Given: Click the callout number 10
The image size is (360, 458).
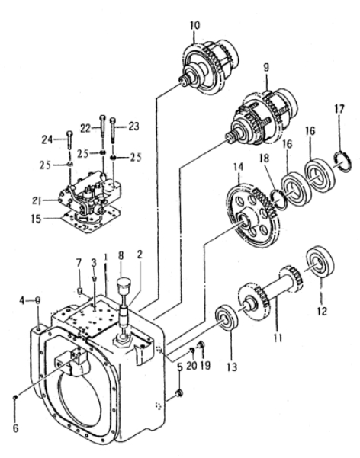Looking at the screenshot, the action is (194, 25).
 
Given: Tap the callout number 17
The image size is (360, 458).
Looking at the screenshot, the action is (339, 109).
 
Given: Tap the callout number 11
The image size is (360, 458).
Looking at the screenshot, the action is (278, 338).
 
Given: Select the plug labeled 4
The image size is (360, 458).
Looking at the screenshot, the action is (37, 300).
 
